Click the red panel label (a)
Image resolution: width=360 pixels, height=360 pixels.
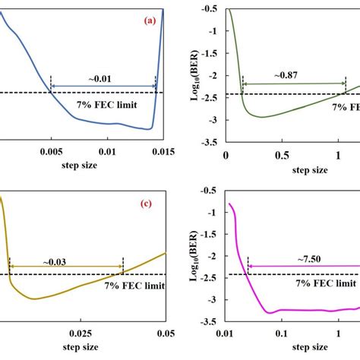coord(150,21)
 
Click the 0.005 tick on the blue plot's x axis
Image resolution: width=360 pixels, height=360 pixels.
coord(51,150)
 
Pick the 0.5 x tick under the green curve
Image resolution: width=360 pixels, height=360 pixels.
coord(283,154)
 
